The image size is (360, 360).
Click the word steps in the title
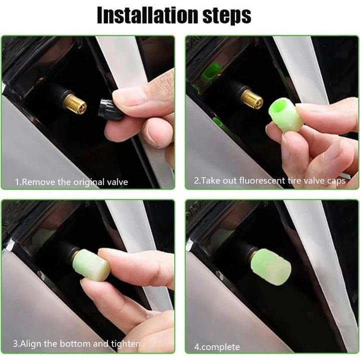coord(227,16)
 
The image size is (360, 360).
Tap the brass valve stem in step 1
coord(75,104)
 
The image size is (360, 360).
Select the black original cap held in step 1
coord(110,109)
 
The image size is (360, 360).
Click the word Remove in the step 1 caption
coord(39,182)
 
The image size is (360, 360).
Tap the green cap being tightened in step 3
coord(91,264)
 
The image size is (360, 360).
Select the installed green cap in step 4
coord(271,267)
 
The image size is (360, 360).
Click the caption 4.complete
coord(216,347)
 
